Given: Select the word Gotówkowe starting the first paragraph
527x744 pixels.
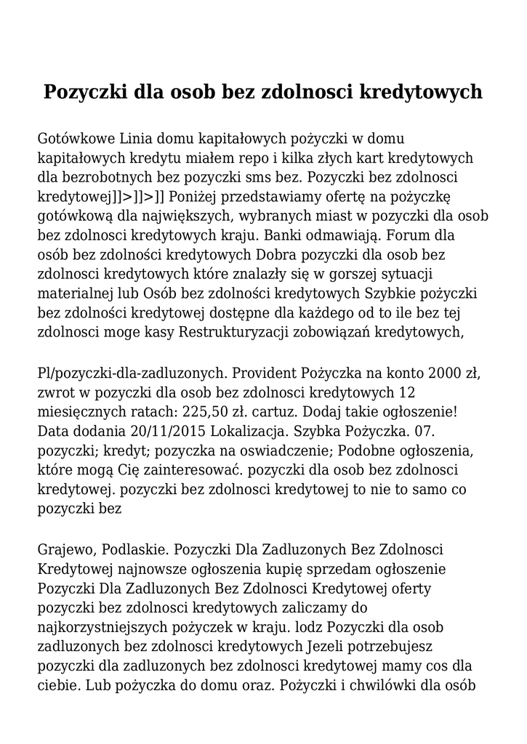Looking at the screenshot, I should pos(75,138).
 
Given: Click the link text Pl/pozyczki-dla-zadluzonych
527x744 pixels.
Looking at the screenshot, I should pos(128,373).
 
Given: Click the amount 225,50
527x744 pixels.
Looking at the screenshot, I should pos(194,413).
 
